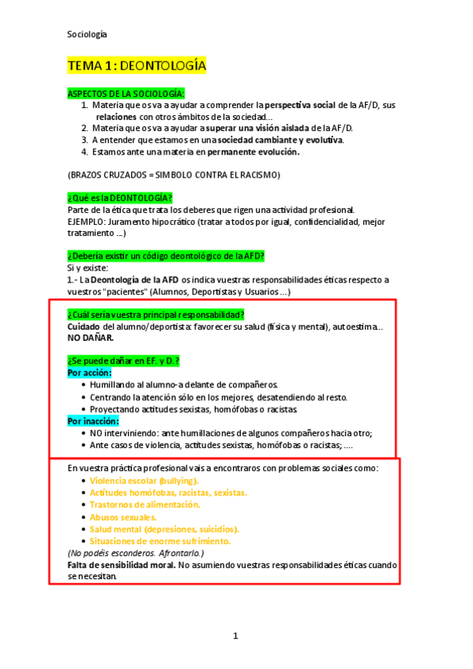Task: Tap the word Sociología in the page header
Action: [x=87, y=34]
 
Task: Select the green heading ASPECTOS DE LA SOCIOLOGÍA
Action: [x=126, y=93]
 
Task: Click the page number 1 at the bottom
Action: [x=235, y=636]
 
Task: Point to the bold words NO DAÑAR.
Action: [x=90, y=338]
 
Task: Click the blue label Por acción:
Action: [x=89, y=372]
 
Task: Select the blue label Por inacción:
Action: [x=93, y=421]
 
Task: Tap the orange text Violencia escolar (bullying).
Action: [x=145, y=480]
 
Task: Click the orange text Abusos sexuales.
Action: [x=123, y=517]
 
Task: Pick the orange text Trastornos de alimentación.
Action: [x=145, y=505]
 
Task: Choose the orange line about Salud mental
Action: [x=164, y=529]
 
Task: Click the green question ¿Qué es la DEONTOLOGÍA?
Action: [x=120, y=197]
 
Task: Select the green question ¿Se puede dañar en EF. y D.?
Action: [x=124, y=361]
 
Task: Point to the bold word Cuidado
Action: [x=84, y=326]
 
